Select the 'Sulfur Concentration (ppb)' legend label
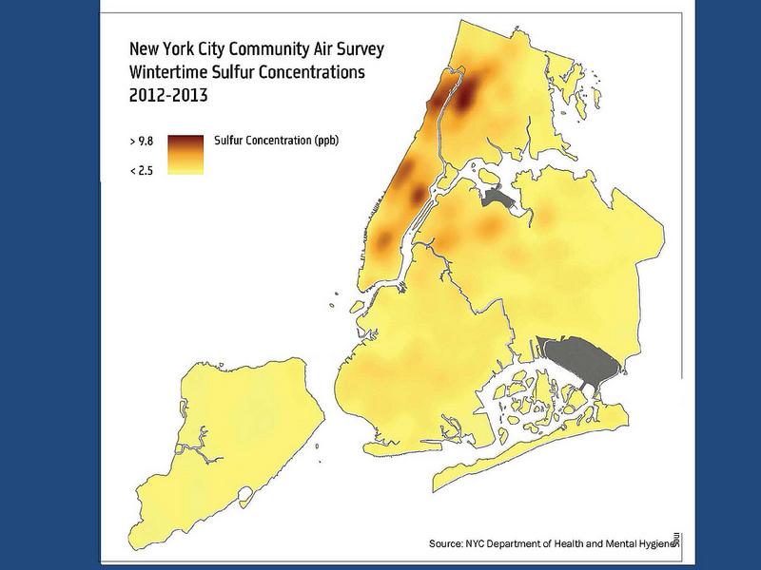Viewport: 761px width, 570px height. click(x=277, y=140)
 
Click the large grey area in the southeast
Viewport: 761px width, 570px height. click(x=581, y=366)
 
